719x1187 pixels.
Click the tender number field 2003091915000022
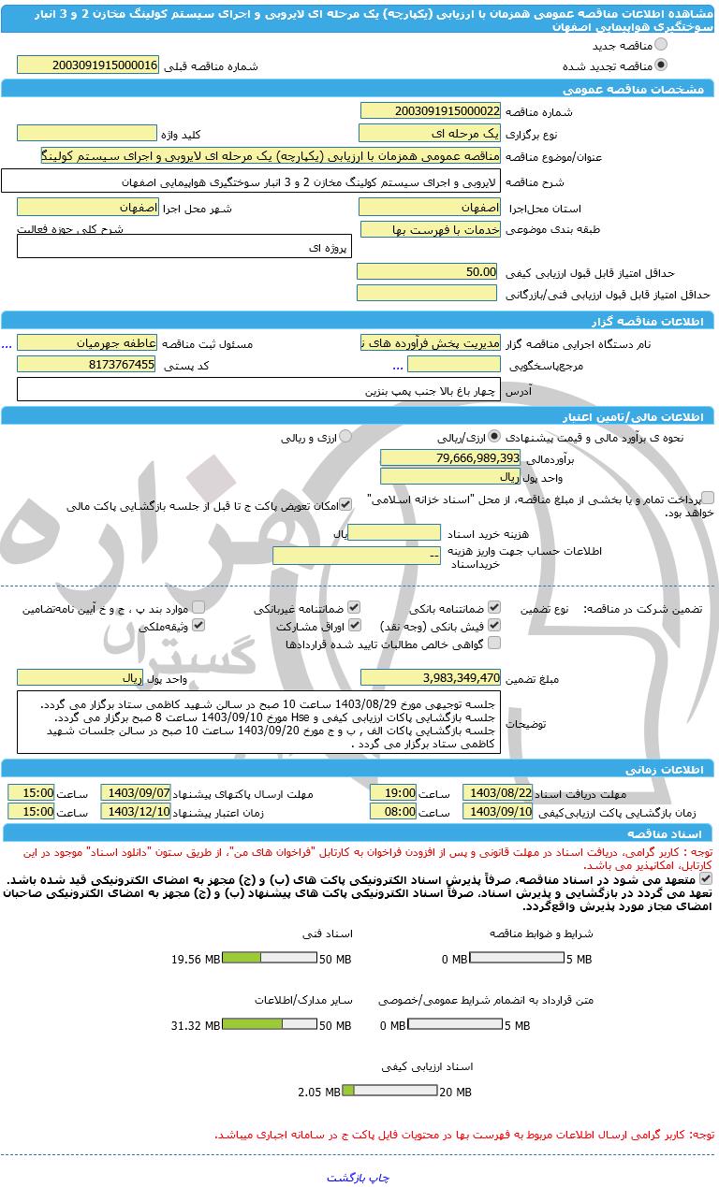[430, 110]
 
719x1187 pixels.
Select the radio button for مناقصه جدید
[662, 45]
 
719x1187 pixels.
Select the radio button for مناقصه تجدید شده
[662, 65]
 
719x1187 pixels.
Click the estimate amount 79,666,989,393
[450, 457]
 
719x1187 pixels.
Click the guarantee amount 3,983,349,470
[430, 677]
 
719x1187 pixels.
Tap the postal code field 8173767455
[87, 364]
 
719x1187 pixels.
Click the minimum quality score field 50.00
[428, 271]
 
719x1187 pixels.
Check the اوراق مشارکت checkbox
[354, 625]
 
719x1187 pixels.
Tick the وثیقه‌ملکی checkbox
[198, 625]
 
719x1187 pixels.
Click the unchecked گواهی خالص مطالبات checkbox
[494, 643]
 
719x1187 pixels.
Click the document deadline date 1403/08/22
[497, 792]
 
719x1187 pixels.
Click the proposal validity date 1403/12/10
[136, 811]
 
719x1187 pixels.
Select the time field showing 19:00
[393, 792]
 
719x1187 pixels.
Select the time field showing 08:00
[393, 811]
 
